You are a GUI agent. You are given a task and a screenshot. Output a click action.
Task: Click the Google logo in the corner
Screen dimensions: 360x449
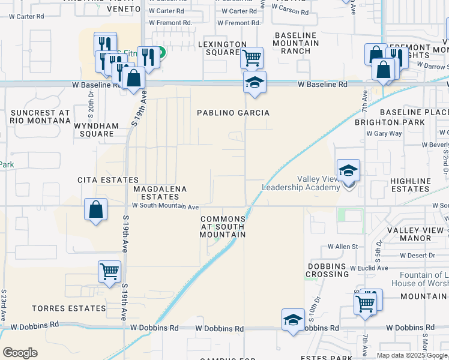(x=20, y=353)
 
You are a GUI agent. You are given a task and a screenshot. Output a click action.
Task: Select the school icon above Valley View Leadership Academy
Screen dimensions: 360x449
(x=348, y=170)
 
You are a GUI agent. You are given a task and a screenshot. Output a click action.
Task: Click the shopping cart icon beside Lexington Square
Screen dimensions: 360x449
(x=252, y=58)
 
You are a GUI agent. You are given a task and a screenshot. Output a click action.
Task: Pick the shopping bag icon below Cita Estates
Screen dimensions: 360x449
(x=95, y=210)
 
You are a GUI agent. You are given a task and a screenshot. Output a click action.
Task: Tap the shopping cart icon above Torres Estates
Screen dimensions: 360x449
(x=110, y=272)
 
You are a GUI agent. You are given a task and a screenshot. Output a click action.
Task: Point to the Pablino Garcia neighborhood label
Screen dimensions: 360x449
(x=234, y=113)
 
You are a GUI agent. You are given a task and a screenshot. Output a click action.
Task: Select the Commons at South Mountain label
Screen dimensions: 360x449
(x=223, y=227)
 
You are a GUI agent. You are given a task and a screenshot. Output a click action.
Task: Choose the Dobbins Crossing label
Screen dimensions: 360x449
(x=328, y=270)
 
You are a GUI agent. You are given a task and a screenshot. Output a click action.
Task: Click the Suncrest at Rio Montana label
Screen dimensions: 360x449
(x=40, y=116)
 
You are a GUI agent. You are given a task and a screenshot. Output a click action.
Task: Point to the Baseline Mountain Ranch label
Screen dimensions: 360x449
(x=296, y=43)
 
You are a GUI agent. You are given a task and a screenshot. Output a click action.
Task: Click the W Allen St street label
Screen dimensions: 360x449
(x=342, y=247)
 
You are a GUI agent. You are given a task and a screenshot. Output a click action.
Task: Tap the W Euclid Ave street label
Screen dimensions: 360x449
(x=369, y=268)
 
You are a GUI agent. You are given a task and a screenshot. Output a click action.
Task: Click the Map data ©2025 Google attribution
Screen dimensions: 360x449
(x=412, y=355)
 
